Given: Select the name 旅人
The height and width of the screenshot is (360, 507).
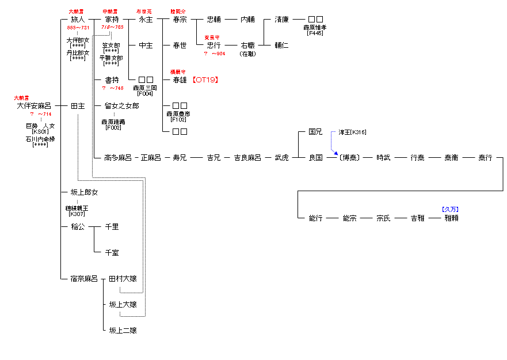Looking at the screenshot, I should pyautogui.click(x=78, y=19).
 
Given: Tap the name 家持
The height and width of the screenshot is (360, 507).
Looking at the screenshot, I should pyautogui.click(x=112, y=19).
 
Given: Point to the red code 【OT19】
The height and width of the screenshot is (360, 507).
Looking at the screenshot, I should pyautogui.click(x=205, y=80).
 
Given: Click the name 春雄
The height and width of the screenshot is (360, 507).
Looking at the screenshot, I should pyautogui.click(x=180, y=80).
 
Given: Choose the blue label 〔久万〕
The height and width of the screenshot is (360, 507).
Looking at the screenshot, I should pyautogui.click(x=451, y=210).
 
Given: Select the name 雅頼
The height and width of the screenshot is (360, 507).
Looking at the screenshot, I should pyautogui.click(x=451, y=218).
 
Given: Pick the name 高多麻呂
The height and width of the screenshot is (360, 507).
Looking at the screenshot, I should pyautogui.click(x=118, y=158).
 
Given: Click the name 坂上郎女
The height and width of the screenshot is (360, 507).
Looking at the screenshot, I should pyautogui.click(x=84, y=192).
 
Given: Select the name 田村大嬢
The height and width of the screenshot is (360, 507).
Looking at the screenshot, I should pyautogui.click(x=123, y=279).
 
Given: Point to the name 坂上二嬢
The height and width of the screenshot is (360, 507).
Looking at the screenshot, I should pyautogui.click(x=123, y=331).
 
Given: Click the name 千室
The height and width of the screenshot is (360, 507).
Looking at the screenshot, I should pyautogui.click(x=112, y=253).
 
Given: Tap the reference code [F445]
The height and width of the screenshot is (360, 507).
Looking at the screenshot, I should pyautogui.click(x=315, y=33).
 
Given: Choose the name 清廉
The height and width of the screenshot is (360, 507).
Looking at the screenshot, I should pyautogui.click(x=281, y=19).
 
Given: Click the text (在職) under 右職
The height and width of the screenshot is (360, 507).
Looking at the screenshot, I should pyautogui.click(x=247, y=54).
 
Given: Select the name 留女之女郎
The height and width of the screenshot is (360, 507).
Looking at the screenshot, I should pyautogui.click(x=121, y=106).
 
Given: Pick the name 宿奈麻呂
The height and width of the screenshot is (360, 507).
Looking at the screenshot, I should pyautogui.click(x=84, y=279).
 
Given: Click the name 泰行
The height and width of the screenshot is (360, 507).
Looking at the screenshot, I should pyautogui.click(x=485, y=158).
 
